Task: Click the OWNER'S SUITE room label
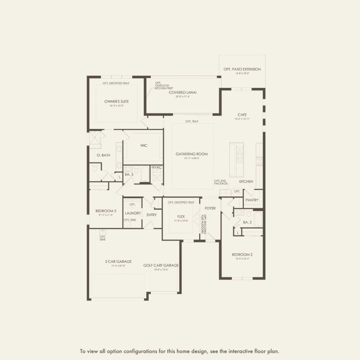116,102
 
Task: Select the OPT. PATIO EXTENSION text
242,69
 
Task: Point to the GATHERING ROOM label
191,154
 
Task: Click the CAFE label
242,115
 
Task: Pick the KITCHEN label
246,182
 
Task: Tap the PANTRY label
251,200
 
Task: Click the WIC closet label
144,146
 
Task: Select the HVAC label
157,167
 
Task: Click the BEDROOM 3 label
104,211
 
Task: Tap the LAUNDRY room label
133,213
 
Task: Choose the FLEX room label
181,217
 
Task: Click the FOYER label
210,208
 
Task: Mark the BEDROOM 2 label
242,255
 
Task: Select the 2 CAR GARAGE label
118,261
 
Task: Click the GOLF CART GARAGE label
161,266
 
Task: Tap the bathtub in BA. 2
258,219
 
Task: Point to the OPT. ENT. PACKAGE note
220,182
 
